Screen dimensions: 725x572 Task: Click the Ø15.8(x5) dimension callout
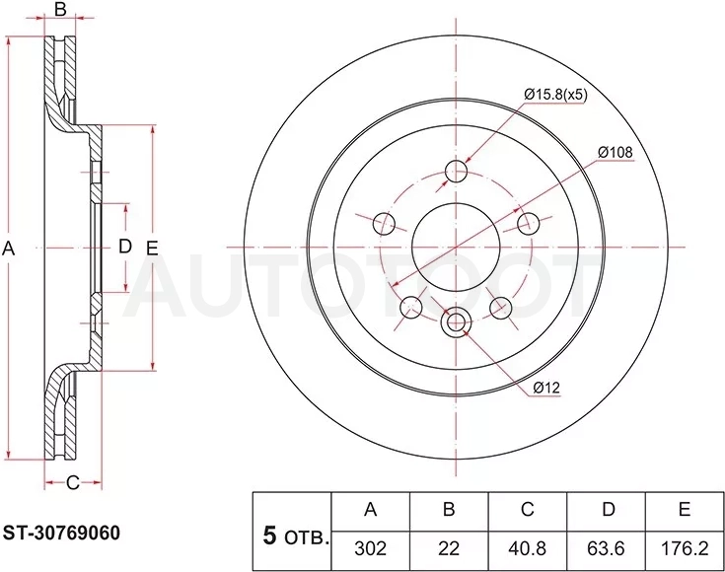555,95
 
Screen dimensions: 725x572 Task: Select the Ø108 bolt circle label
615,152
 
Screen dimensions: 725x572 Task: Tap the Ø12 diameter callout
546,388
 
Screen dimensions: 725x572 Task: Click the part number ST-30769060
61,533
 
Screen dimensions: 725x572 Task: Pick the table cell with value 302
370,548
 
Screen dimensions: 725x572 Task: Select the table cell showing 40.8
528,548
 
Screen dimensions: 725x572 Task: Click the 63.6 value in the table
607,548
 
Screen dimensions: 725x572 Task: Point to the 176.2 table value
685,548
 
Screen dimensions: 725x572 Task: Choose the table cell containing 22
449,548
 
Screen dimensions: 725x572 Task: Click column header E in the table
685,510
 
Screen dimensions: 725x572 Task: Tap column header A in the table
370,510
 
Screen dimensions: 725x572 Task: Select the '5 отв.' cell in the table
292,531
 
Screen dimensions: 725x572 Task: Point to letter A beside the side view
9,249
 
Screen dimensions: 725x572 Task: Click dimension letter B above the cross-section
60,9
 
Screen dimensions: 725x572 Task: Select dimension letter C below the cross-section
73,483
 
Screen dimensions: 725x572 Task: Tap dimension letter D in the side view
125,247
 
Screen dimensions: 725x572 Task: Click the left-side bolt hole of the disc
384,224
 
